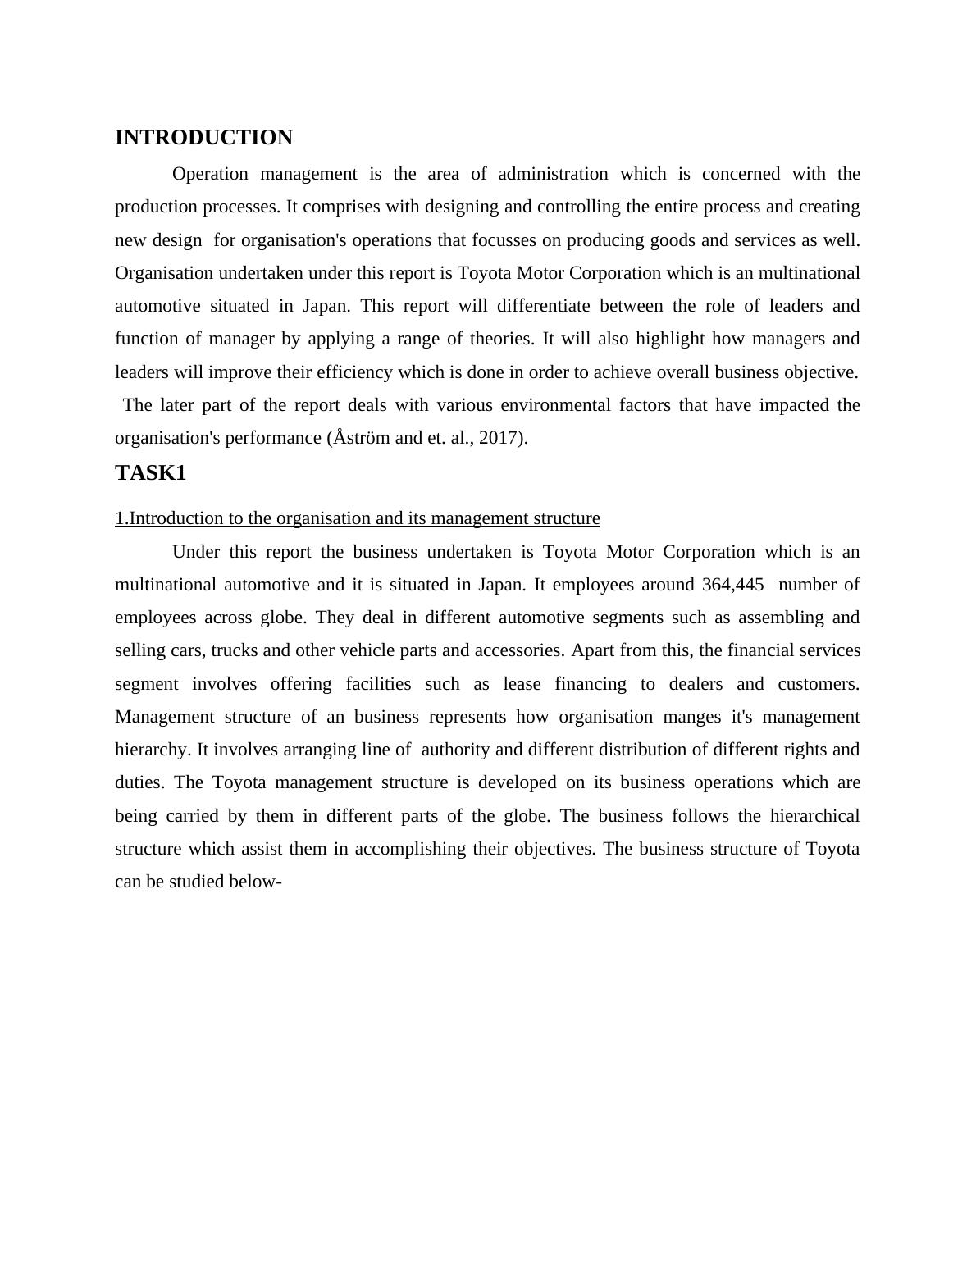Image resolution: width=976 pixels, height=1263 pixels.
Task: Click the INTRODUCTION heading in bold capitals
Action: coord(203,138)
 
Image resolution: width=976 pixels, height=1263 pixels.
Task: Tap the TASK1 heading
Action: coord(150,473)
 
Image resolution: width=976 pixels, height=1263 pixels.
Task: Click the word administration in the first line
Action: coord(553,174)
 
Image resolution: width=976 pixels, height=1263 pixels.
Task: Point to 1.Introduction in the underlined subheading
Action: coord(170,518)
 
